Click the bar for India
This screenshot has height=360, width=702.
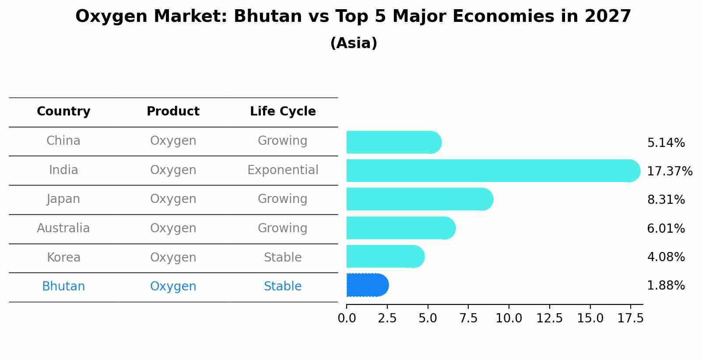click(x=492, y=171)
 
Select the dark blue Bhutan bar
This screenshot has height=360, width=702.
click(x=367, y=285)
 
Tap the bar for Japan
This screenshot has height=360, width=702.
click(x=419, y=199)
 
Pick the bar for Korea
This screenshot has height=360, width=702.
click(x=385, y=257)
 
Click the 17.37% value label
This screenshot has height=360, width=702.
click(x=669, y=171)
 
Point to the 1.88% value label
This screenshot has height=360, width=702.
click(x=666, y=286)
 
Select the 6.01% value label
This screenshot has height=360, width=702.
click(x=666, y=228)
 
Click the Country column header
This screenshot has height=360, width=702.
click(x=63, y=112)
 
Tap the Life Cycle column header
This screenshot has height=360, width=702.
click(x=283, y=112)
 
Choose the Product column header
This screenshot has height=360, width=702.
click(x=173, y=112)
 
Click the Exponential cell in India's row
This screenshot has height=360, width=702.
click(x=283, y=170)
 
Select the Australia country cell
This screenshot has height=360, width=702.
click(x=63, y=228)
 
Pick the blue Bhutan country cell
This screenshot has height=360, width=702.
click(x=63, y=287)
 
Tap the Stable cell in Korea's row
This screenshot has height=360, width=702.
click(x=283, y=258)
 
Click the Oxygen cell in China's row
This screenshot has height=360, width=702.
click(x=173, y=141)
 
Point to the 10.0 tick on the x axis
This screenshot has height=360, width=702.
click(x=509, y=318)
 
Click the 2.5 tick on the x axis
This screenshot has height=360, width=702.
click(x=387, y=318)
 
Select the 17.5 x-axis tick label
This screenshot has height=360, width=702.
click(x=630, y=318)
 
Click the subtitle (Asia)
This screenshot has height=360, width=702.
click(x=354, y=43)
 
